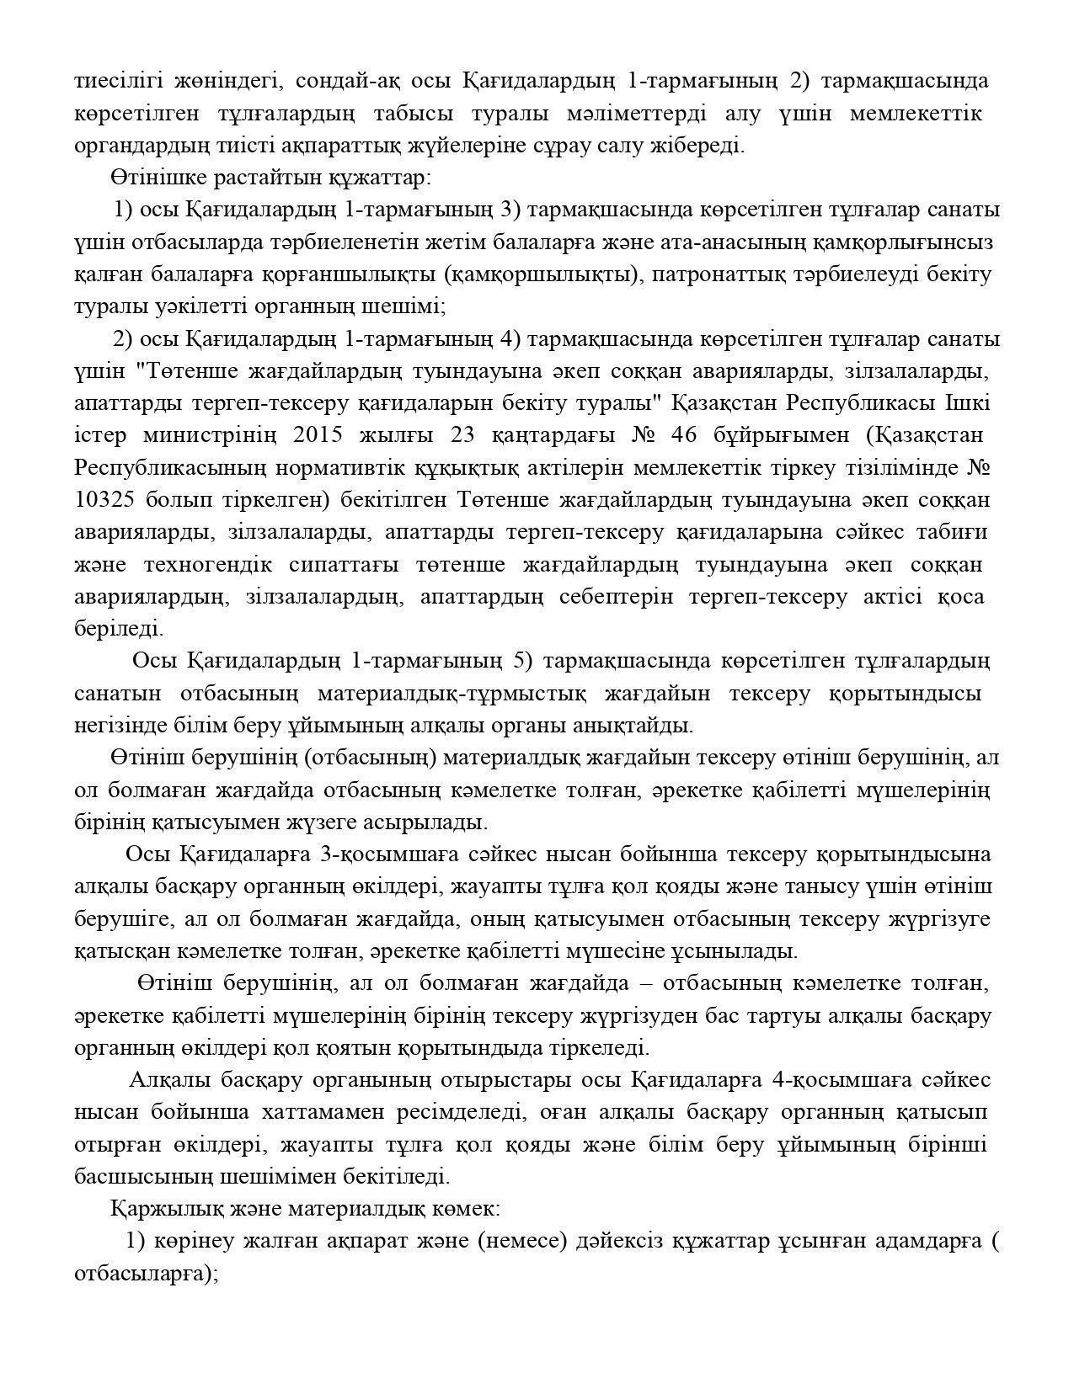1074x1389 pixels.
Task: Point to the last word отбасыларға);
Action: (147, 1273)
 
